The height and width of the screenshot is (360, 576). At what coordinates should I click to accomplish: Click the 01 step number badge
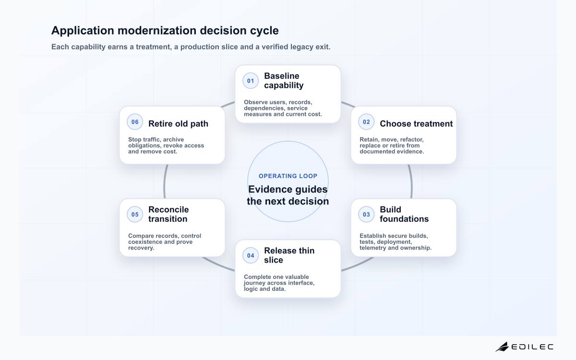tap(251, 81)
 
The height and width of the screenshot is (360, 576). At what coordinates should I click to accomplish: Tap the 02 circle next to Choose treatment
tap(366, 122)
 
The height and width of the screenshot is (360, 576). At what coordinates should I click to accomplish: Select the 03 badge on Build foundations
tap(366, 215)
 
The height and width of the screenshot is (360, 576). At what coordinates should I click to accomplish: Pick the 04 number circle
tap(251, 255)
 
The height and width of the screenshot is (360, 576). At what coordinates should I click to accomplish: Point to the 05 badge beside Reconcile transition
tap(135, 215)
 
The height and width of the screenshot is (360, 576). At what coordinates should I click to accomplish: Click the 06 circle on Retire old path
tap(135, 122)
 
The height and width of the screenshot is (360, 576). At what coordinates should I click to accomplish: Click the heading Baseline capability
tap(284, 81)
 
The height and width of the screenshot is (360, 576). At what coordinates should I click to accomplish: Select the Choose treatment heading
tap(416, 124)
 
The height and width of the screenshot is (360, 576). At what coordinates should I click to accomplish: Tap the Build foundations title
tap(404, 214)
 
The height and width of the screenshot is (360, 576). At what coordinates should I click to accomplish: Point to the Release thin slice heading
tap(289, 255)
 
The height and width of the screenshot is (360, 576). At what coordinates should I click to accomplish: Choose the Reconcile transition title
tap(168, 214)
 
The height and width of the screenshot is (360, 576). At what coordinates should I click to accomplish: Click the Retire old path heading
tap(178, 124)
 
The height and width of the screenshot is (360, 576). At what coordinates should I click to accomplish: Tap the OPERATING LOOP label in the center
tap(288, 176)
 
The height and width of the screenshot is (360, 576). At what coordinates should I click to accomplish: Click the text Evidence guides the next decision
tap(288, 195)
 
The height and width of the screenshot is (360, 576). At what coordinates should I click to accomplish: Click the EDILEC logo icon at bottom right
tap(502, 347)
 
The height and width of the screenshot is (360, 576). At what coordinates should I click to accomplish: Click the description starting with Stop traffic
tap(166, 145)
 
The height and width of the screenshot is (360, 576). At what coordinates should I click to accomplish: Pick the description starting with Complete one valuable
tap(279, 283)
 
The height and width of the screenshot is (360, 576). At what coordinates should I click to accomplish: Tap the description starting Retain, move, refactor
tap(392, 145)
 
